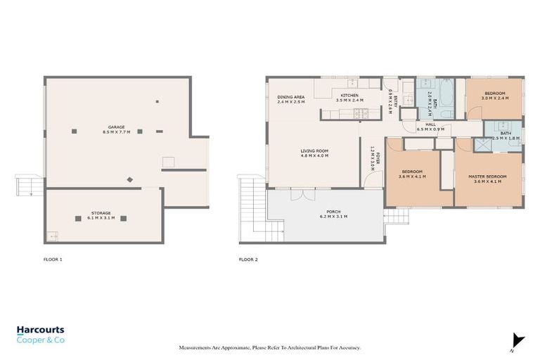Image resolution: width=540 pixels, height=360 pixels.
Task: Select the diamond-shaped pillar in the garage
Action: click(129, 180)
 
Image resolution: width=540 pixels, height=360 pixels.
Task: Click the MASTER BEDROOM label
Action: click(487, 176)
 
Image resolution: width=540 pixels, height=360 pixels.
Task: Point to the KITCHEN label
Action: click(349, 95)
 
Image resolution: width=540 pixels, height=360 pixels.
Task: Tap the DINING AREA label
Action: click(290, 97)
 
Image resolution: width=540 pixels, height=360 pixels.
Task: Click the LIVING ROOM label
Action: click(314, 150)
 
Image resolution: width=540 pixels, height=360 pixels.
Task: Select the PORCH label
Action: click(333, 212)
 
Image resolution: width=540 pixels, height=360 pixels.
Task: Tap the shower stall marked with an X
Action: click(482, 146)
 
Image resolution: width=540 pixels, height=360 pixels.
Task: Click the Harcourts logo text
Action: click(41, 329)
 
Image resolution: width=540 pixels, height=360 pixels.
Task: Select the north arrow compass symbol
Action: click(517, 340)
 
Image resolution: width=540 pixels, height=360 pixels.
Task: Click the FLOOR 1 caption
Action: click(53, 260)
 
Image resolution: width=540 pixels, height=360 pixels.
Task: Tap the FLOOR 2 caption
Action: click(248, 260)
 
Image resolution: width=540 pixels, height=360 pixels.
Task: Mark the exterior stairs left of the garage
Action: click(25, 187)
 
